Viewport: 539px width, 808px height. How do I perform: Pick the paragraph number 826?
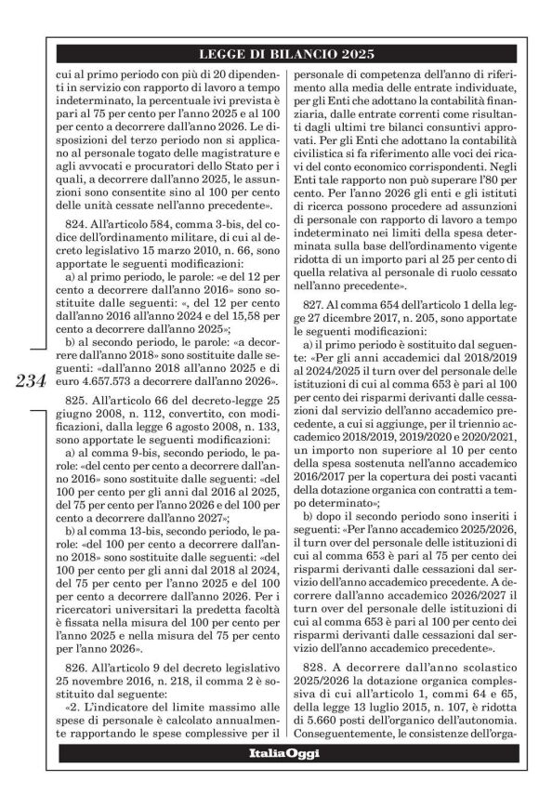77,672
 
